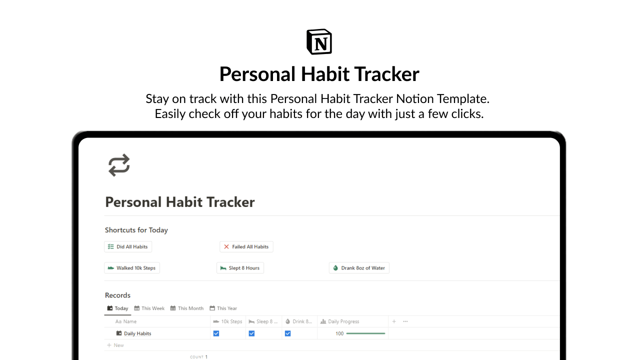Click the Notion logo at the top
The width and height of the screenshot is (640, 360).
click(x=319, y=41)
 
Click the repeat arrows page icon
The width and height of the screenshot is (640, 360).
click(x=119, y=165)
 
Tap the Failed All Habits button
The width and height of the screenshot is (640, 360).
click(x=246, y=246)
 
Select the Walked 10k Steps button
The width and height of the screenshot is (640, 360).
click(x=132, y=268)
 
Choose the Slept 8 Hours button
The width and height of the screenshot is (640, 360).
click(x=240, y=268)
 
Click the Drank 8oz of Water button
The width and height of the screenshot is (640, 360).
click(x=359, y=268)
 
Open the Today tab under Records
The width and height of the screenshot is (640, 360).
click(x=118, y=308)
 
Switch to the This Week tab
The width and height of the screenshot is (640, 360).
click(x=149, y=308)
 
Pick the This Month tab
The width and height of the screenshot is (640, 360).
click(x=187, y=308)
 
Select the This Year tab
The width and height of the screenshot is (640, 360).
click(x=223, y=308)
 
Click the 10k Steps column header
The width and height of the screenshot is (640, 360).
click(x=228, y=321)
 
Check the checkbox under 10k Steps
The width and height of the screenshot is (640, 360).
click(x=216, y=333)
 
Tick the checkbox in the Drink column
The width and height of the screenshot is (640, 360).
click(x=287, y=333)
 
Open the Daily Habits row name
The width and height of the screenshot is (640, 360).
click(x=137, y=333)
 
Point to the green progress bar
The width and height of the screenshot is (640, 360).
click(x=365, y=333)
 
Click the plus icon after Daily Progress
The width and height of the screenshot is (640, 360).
click(x=394, y=321)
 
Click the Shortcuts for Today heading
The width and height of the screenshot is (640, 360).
click(x=136, y=230)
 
